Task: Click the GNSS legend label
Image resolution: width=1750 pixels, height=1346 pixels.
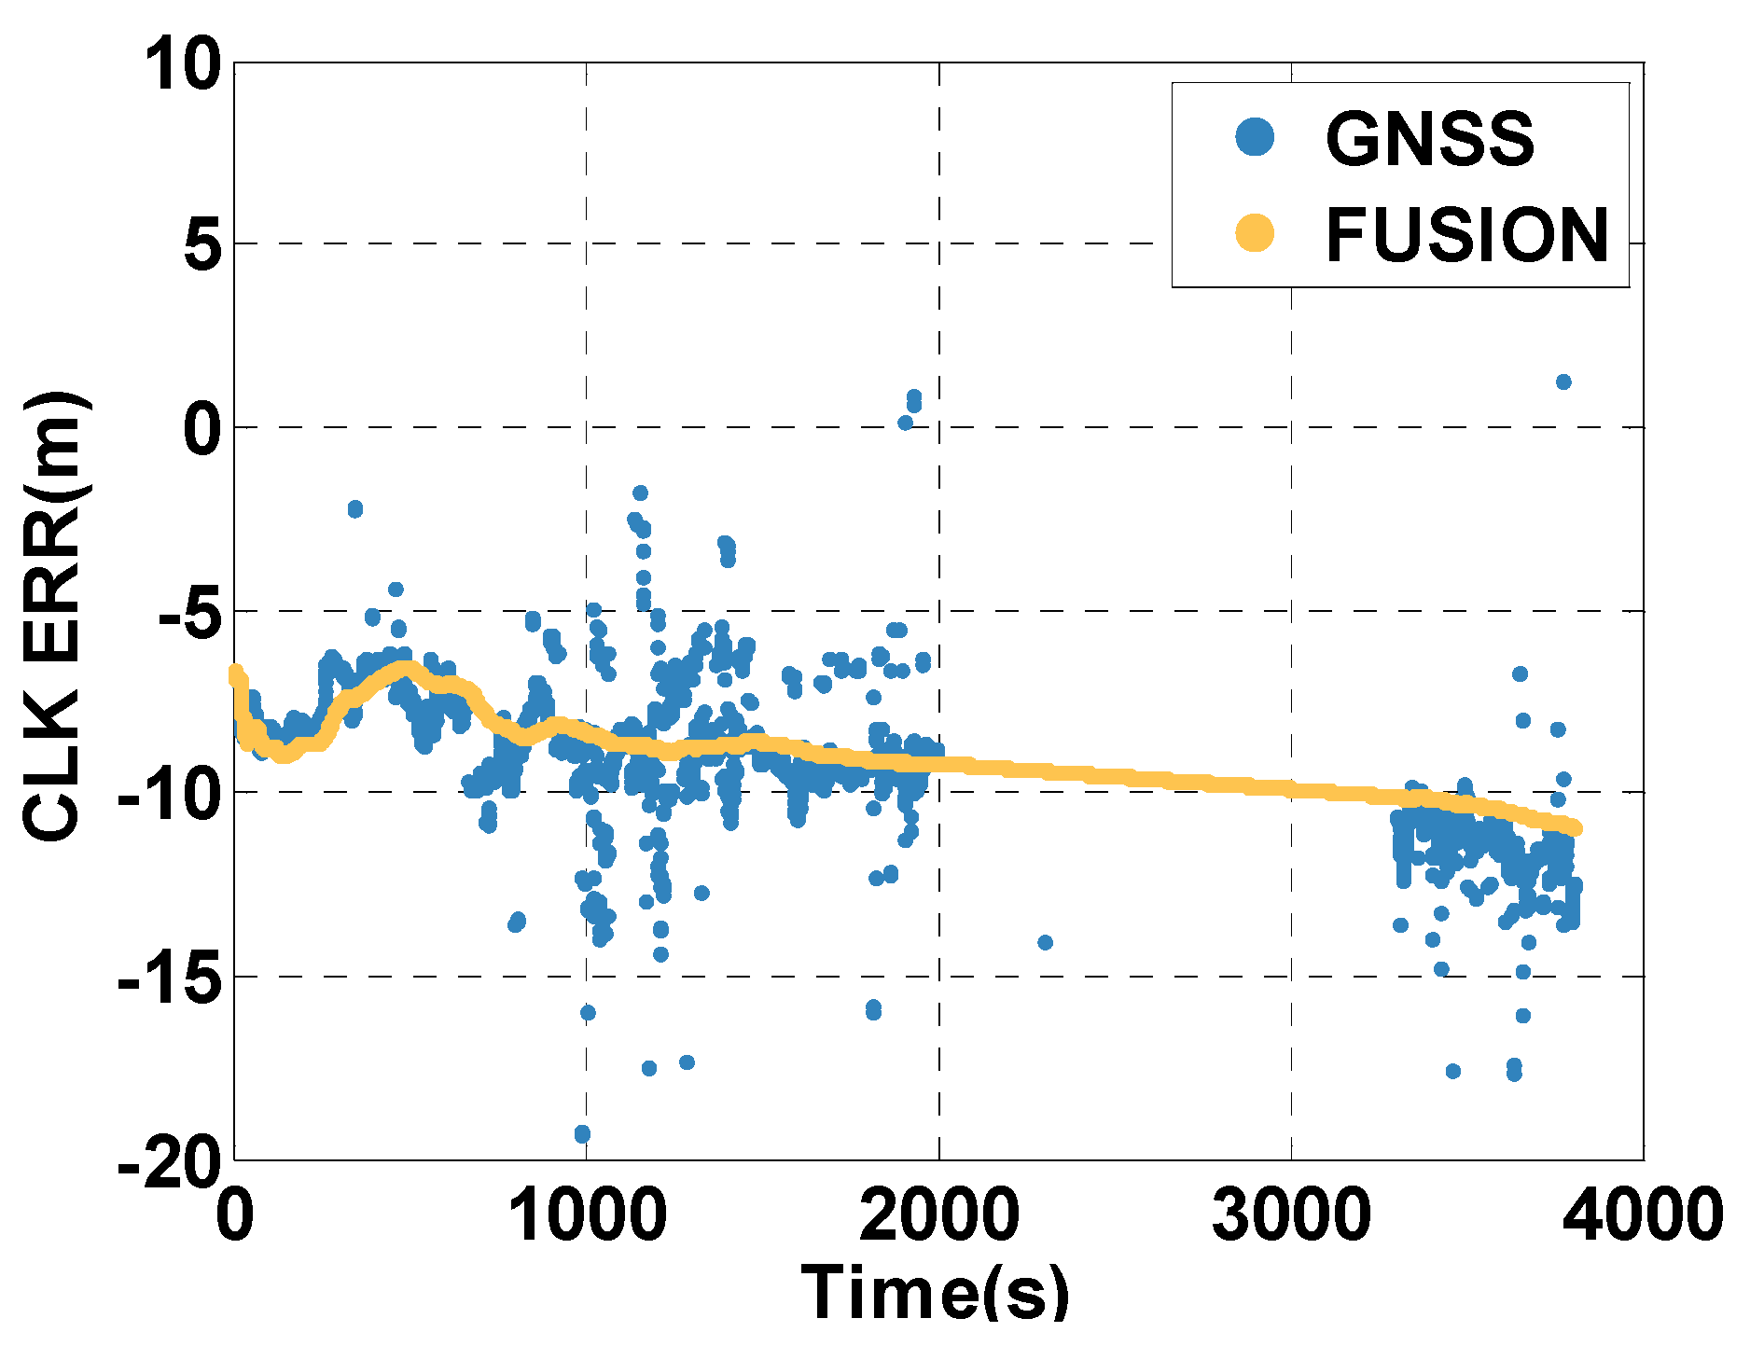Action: pyautogui.click(x=1429, y=139)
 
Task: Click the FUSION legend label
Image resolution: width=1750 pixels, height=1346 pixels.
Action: pyautogui.click(x=1466, y=235)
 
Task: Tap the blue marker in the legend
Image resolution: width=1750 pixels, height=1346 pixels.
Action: pyautogui.click(x=1255, y=137)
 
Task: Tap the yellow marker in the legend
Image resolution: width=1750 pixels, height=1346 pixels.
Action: pyautogui.click(x=1255, y=232)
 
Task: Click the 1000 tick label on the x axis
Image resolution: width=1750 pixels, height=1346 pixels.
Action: pyautogui.click(x=588, y=1216)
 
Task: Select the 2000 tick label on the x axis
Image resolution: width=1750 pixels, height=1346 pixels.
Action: pyautogui.click(x=939, y=1216)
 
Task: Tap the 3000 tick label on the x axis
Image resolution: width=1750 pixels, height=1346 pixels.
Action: pyautogui.click(x=1292, y=1216)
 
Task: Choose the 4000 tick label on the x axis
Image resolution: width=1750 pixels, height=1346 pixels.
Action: pyautogui.click(x=1644, y=1216)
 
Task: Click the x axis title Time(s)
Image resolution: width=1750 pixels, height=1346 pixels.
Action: pyautogui.click(x=936, y=1292)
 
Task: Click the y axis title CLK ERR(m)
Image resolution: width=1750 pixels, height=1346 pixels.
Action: pyautogui.click(x=56, y=616)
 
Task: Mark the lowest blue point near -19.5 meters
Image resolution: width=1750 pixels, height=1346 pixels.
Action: pyautogui.click(x=582, y=1134)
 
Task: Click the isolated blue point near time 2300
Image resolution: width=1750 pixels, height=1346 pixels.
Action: pyautogui.click(x=1045, y=942)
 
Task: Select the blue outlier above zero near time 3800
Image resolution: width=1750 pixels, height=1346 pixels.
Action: pyautogui.click(x=1563, y=382)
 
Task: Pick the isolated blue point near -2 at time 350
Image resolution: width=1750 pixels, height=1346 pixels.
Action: pyautogui.click(x=354, y=508)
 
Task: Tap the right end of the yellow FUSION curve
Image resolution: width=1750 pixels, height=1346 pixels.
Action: pyautogui.click(x=1575, y=828)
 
